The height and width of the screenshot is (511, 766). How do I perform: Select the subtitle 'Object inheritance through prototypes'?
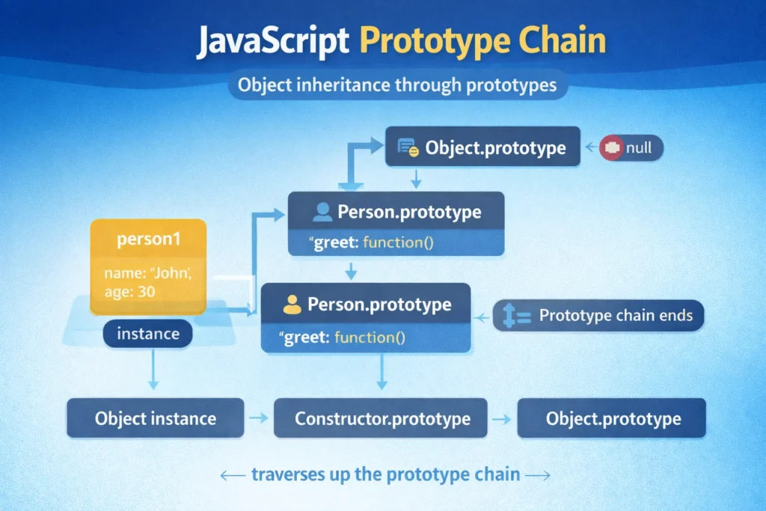click(x=396, y=85)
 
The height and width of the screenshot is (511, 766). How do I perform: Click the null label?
click(x=639, y=148)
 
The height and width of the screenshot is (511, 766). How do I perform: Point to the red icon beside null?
click(x=612, y=148)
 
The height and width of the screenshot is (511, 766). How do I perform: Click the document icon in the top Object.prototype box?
click(x=407, y=148)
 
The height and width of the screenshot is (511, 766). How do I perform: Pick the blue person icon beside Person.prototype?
click(x=322, y=212)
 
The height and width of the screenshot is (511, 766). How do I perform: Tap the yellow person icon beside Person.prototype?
click(x=292, y=305)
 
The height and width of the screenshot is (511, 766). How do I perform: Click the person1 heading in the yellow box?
click(x=147, y=241)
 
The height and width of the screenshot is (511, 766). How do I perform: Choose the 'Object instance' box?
click(x=155, y=417)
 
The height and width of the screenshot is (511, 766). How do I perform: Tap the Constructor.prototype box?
click(x=382, y=417)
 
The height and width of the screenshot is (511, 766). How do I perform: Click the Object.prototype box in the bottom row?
click(x=612, y=417)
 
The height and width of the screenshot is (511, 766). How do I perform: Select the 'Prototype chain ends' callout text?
click(x=615, y=316)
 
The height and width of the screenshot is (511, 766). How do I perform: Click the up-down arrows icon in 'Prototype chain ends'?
click(x=516, y=316)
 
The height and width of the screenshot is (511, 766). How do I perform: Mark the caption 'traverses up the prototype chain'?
click(x=385, y=474)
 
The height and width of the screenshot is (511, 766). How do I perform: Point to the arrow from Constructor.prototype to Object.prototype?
click(x=503, y=418)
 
